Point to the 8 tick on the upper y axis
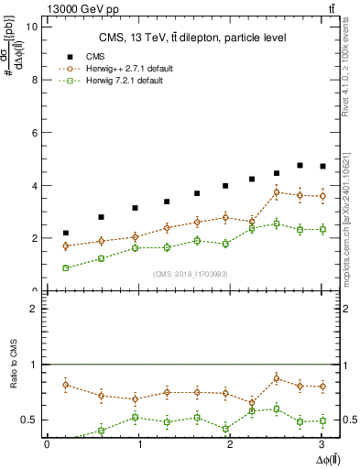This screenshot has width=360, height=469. tap(35, 80)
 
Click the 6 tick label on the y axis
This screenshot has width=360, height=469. tap(35, 133)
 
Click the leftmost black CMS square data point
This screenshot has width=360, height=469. tap(65, 233)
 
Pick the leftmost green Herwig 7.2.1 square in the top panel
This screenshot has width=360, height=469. tap(65, 267)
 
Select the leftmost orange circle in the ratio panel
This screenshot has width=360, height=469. tap(65, 385)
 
